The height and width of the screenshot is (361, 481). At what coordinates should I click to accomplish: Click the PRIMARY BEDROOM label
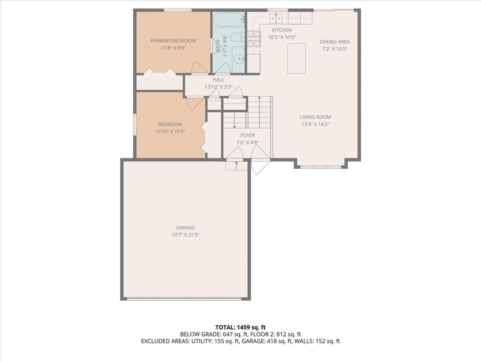(x=173, y=41)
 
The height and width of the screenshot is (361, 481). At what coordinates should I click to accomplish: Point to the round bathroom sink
(x=238, y=59)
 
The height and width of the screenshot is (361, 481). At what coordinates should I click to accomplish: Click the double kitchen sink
(x=276, y=18)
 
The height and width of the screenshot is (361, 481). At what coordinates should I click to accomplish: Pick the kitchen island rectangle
(x=296, y=58)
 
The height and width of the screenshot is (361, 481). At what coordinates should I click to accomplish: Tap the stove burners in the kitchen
(x=254, y=39)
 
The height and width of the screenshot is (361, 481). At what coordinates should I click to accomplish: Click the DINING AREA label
(x=335, y=42)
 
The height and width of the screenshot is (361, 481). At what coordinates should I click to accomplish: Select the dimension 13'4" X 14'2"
(x=315, y=124)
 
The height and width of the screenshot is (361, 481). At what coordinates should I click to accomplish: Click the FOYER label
(x=248, y=135)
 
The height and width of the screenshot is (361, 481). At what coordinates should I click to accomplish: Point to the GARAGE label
(x=186, y=227)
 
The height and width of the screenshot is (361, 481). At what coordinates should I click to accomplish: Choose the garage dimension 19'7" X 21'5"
(x=186, y=235)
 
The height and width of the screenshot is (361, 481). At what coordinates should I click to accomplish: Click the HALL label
(x=218, y=80)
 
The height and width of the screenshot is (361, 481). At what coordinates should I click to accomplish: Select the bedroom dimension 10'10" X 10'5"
(x=170, y=132)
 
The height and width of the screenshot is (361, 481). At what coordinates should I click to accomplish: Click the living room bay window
(x=321, y=167)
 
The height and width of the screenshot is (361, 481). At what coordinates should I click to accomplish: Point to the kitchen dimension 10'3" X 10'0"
(x=282, y=37)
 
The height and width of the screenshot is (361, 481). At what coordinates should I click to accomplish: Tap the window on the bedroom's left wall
(x=135, y=124)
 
